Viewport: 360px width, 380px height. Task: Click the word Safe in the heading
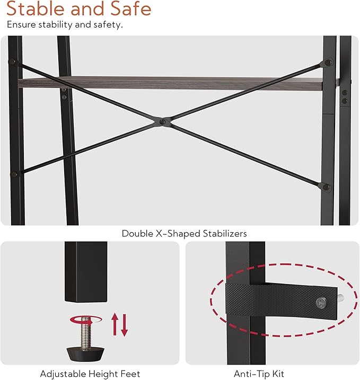tap(130, 8)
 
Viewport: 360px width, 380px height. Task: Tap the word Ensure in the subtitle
tap(22, 24)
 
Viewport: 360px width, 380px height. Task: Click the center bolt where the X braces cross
tap(163, 122)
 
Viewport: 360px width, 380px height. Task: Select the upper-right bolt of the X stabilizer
tap(328, 63)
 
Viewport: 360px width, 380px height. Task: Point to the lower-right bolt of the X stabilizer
tap(326, 187)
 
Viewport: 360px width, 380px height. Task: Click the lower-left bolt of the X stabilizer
tap(14, 174)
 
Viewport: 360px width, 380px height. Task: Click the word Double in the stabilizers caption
tap(137, 233)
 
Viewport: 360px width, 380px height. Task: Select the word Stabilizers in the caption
tap(225, 234)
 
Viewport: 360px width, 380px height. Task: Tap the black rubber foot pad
tap(85, 354)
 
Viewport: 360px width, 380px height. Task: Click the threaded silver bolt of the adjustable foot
tap(85, 333)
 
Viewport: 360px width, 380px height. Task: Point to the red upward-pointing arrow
tap(115, 324)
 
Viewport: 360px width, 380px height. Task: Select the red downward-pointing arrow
tap(125, 325)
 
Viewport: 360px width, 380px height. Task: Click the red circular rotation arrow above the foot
tap(85, 320)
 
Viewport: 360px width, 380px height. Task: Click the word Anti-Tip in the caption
tap(251, 374)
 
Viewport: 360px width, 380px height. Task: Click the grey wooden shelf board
tap(170, 83)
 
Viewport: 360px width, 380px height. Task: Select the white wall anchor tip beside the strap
tap(340, 298)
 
